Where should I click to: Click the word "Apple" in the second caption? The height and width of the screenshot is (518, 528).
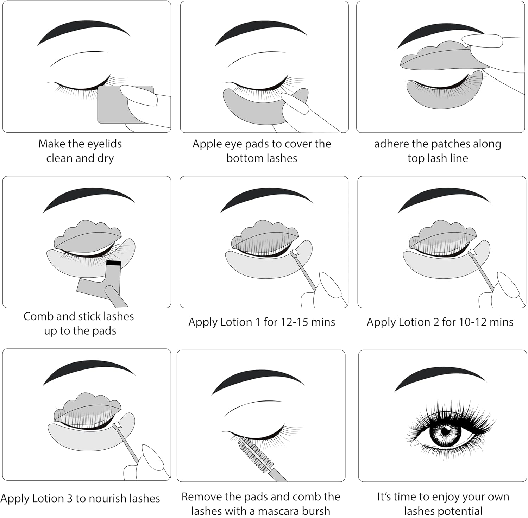(x=205, y=144)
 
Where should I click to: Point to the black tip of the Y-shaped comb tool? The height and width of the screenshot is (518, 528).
(x=114, y=263)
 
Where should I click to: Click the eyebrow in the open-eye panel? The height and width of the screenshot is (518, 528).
(x=440, y=379)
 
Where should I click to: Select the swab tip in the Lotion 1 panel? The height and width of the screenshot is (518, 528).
(x=295, y=252)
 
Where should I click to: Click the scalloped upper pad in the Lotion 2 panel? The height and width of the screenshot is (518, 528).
(x=443, y=234)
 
